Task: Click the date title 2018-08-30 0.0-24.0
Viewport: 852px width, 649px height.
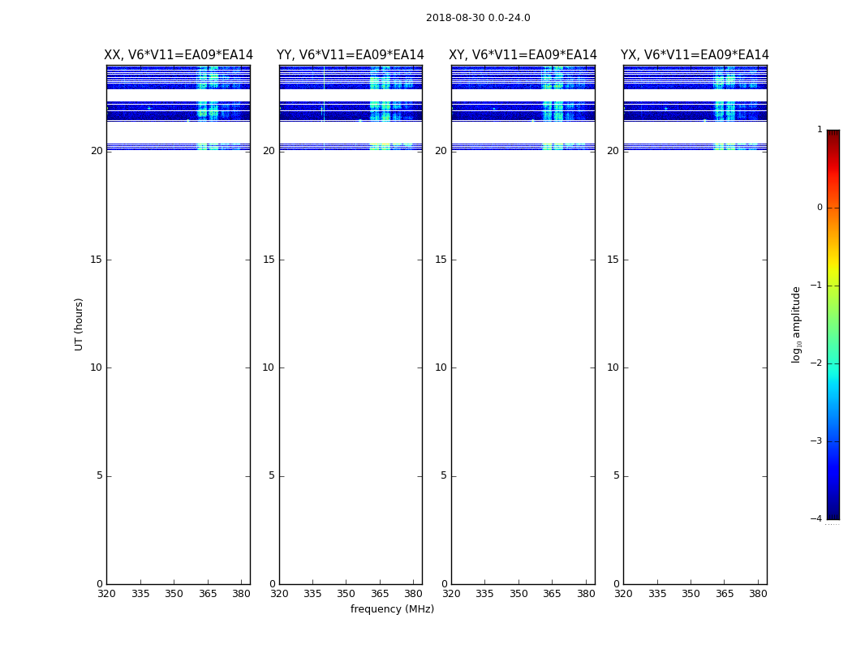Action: coord(478,18)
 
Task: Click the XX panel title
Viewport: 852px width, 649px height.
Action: coord(179,55)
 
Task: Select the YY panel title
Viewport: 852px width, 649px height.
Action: coord(351,55)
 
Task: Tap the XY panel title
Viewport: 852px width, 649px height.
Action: coord(523,55)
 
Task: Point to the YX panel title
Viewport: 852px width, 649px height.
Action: coord(695,55)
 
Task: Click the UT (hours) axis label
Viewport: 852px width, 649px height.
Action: coord(79,324)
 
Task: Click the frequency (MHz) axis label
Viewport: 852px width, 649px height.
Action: coord(392,609)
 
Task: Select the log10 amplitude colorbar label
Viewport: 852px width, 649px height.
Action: coord(796,324)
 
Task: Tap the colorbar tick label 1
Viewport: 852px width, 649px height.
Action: coord(820,130)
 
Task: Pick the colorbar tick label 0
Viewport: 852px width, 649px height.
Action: coord(820,208)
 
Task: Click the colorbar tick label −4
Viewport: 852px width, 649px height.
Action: coord(817,519)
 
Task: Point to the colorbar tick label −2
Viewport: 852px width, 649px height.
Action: coord(817,363)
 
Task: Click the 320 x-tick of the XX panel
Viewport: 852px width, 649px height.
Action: coord(106,594)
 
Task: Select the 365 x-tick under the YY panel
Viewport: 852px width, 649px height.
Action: coord(380,594)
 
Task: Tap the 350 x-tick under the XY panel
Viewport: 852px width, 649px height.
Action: coord(519,594)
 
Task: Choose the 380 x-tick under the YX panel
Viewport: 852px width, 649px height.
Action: coord(758,594)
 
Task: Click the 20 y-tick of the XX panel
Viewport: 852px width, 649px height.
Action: coord(97,151)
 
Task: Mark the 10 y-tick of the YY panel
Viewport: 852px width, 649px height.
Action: coord(269,367)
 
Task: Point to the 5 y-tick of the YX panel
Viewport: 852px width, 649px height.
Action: coord(616,476)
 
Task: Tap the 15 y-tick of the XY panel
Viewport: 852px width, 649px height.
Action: coord(441,260)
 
